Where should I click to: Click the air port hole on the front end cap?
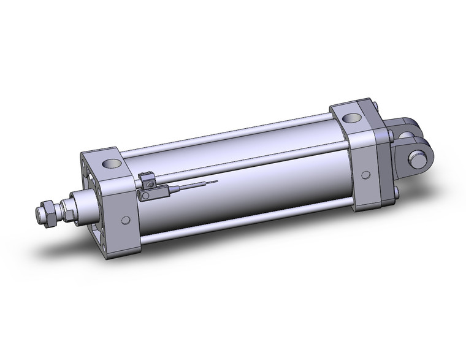point(112,164)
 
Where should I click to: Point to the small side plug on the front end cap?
point(125,220)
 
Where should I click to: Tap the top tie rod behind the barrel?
point(233,132)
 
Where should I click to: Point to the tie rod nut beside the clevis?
point(391,134)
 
